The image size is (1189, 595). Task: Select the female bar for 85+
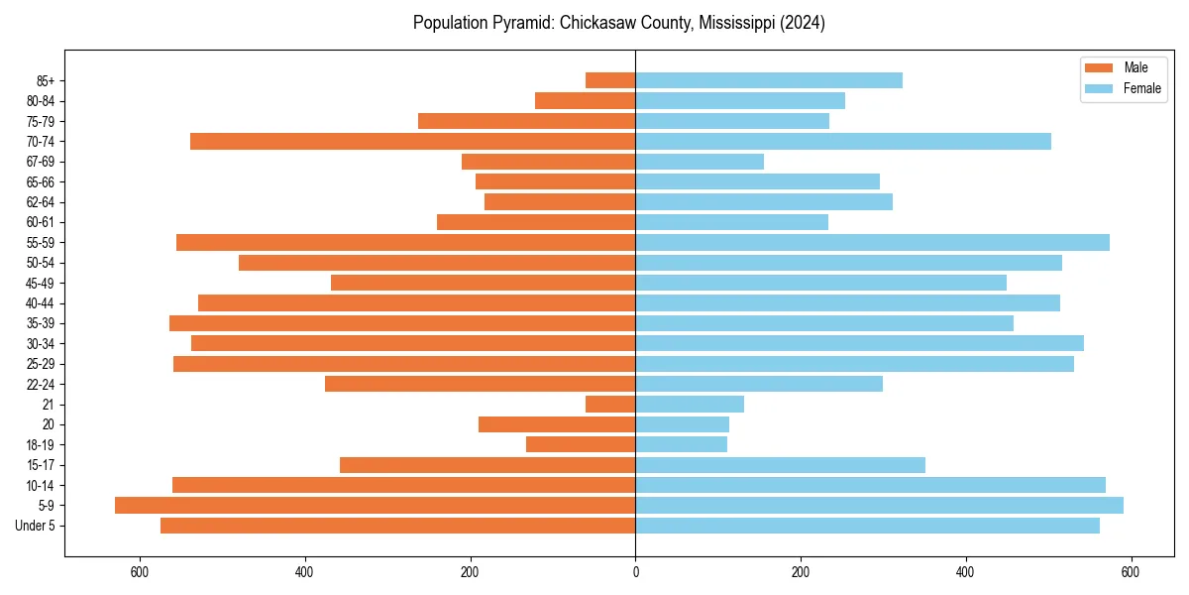tap(769, 80)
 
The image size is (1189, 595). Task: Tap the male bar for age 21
tap(610, 404)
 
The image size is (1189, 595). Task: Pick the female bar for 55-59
tap(872, 242)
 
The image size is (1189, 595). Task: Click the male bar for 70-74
tap(412, 141)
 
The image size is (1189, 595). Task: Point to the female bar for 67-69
tap(700, 162)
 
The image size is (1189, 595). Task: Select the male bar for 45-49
tap(483, 283)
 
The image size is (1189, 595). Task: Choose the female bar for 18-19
tap(681, 444)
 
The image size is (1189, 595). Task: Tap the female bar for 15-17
tap(780, 465)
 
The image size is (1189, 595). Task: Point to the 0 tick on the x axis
tap(635, 572)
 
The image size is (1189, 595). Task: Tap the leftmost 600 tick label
tap(140, 572)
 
